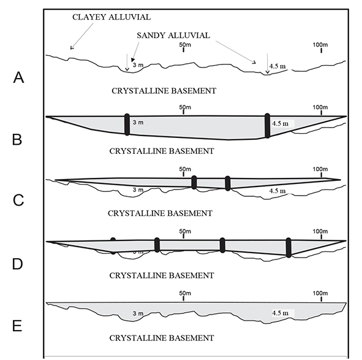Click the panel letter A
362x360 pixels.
18,77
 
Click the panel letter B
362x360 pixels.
18,139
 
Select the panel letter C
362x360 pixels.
18,201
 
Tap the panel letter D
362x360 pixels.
18,264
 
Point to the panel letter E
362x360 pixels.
18,325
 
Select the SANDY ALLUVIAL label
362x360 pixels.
173,36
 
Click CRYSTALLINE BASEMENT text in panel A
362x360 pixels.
164,91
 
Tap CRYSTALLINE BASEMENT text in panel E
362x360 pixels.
162,338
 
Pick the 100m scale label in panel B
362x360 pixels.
320,108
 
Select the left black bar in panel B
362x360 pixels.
127,124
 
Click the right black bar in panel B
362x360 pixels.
267,126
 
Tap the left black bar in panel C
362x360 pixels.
194,182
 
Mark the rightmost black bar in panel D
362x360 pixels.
288,247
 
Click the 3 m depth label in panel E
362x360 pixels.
138,314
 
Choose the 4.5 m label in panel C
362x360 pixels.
277,191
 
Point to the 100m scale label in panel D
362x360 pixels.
320,232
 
